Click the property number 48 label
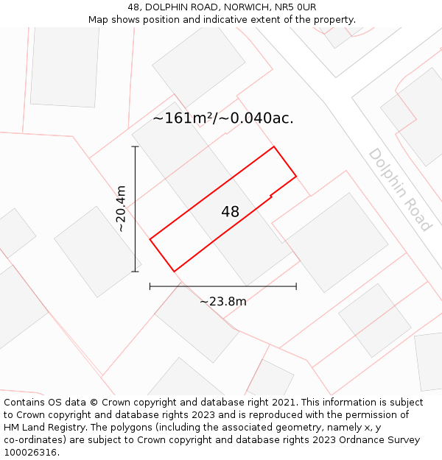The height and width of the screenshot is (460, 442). click(x=230, y=212)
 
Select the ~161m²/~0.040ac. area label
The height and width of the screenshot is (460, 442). click(x=223, y=118)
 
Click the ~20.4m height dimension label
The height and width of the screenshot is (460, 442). click(x=121, y=209)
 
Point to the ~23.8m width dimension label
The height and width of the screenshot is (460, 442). click(x=222, y=301)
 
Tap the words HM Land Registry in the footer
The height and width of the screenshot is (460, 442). click(x=44, y=428)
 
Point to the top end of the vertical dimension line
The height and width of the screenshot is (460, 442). click(x=135, y=146)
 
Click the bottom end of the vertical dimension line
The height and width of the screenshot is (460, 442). click(x=135, y=272)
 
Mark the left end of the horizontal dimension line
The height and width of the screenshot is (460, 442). click(x=150, y=286)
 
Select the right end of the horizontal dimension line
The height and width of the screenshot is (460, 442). click(x=296, y=286)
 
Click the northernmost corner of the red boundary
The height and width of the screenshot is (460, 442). click(x=274, y=146)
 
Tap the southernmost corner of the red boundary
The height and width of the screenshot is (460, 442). click(x=174, y=272)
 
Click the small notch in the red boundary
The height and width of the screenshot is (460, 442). click(x=271, y=196)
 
